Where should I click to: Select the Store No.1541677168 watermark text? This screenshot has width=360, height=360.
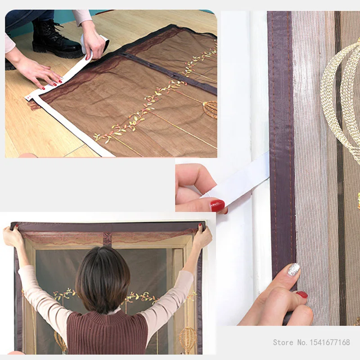[311, 342]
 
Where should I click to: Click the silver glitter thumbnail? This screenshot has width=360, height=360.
[294, 270]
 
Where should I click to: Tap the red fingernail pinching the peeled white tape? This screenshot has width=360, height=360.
[217, 205]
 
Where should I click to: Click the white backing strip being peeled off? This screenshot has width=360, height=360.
[243, 178]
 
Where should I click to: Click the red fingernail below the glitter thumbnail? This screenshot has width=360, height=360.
[302, 295]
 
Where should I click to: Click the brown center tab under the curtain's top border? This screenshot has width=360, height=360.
[107, 239]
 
